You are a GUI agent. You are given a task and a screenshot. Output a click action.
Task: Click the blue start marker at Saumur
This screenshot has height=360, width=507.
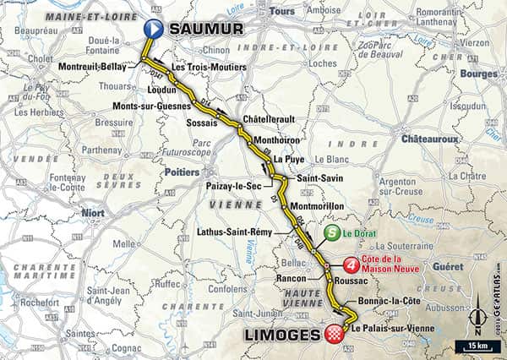coord(153,29)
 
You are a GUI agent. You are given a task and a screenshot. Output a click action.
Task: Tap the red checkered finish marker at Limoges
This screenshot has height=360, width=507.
coord(335,333)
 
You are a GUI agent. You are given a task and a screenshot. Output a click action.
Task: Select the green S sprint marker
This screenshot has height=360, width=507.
coord(333,233)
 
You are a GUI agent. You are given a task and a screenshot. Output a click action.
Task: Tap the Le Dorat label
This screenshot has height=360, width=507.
coord(362,234)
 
